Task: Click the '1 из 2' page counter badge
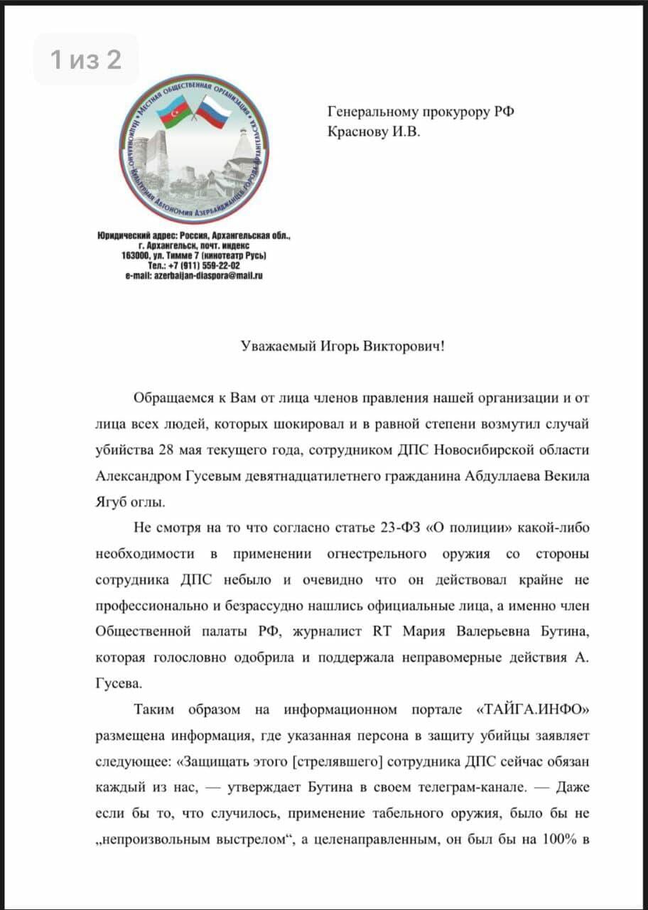point(86,60)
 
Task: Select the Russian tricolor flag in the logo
point(217,114)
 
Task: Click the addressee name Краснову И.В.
point(373,132)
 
